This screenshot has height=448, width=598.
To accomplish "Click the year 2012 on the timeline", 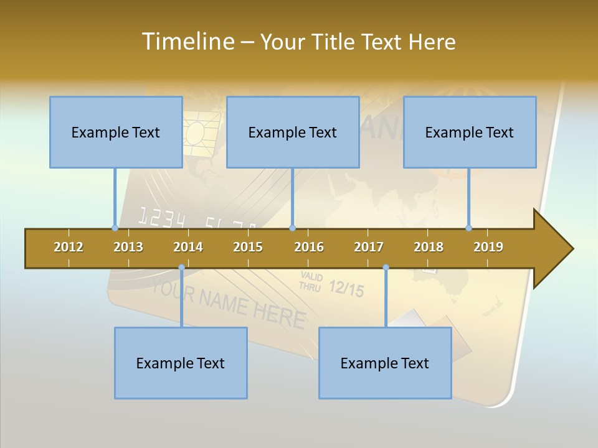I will tap(69, 247).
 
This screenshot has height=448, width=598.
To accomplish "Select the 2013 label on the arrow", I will tap(128, 247).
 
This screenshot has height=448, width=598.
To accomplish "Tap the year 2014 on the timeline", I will tap(188, 247).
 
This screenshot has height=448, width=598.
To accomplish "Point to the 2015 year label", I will tap(248, 247).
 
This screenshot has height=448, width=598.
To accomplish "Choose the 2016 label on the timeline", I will tap(309, 247).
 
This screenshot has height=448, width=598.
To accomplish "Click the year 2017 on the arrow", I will tap(369, 247).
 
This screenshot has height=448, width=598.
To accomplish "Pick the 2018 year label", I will tap(429, 247).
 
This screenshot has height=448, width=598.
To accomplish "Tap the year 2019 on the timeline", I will tap(488, 247).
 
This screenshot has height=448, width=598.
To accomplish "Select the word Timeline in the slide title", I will tap(187, 42).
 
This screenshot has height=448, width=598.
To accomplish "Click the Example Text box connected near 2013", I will tap(116, 132).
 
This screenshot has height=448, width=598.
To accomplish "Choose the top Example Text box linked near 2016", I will tap(293, 132).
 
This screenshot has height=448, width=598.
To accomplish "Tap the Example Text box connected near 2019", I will tap(470, 132).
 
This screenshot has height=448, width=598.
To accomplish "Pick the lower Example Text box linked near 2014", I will tap(181, 363).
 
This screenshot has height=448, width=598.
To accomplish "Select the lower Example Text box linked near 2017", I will tap(385, 363).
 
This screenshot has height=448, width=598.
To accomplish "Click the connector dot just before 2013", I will tap(115, 228).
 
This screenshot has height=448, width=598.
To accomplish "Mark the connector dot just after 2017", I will tap(386, 268).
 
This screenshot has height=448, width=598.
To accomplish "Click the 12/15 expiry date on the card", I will tap(346, 288).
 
